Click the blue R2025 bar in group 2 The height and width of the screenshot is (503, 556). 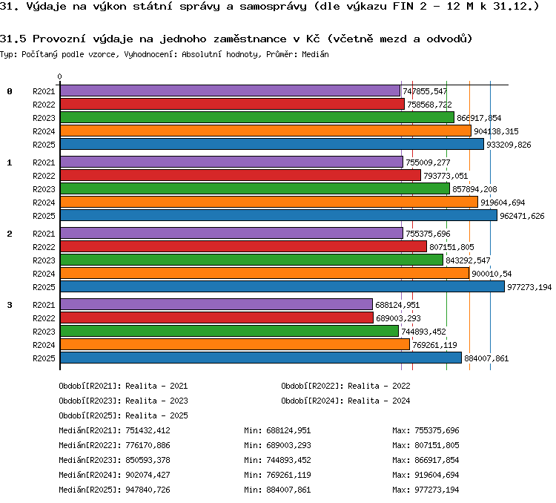click(282, 286)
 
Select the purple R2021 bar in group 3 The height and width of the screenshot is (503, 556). click(216, 304)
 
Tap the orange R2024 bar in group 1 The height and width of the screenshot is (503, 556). click(269, 202)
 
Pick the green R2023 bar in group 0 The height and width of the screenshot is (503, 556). click(257, 117)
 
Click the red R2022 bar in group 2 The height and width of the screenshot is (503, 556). click(243, 246)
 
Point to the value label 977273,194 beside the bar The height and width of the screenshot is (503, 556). click(529, 287)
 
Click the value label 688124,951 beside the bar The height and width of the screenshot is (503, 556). click(397, 305)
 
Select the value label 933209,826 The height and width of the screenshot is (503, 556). click(509, 145)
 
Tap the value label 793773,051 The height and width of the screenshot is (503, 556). click(446, 176)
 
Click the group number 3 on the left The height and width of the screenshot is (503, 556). click(10, 305)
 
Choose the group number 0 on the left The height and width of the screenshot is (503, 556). click(10, 91)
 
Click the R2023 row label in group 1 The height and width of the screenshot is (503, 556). click(44, 189)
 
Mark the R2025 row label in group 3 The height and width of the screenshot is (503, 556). click(44, 358)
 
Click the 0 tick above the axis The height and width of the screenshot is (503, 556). click(59, 76)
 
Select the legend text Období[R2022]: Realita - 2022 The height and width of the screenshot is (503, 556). click(345, 386)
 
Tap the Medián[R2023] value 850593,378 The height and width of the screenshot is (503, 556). click(148, 460)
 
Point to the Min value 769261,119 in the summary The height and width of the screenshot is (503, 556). click(288, 475)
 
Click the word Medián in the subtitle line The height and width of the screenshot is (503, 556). click(315, 54)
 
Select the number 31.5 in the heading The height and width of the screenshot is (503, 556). click(13, 39)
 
